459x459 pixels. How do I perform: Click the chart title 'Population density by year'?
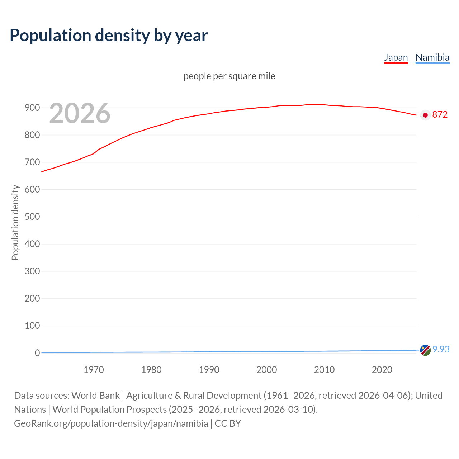coord(109,35)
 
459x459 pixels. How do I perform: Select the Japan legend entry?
coord(396,57)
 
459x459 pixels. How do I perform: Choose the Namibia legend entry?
coord(432,57)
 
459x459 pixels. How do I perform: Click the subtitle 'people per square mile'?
coord(229,76)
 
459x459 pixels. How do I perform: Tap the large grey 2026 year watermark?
coord(80,113)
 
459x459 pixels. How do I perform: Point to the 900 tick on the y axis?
coord(32,108)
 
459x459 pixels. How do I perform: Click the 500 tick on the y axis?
coord(32,217)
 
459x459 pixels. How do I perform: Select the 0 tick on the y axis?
coord(37,353)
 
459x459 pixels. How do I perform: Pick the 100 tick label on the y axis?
coord(32,326)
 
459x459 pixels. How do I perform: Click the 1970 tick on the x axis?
coord(94,370)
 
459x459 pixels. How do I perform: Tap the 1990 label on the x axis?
coord(209,370)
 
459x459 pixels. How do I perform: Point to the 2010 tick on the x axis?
coord(324,370)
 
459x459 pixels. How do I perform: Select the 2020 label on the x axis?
coord(382,370)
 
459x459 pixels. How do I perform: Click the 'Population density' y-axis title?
coord(15,222)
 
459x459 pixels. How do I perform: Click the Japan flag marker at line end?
coord(425,115)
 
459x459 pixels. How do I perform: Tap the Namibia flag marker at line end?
coord(425,350)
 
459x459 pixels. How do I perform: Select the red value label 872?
coord(440,115)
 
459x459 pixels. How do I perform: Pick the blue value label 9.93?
coord(441,349)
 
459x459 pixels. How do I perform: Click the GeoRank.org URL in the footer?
coord(111,423)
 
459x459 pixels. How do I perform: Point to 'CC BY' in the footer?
coord(228,423)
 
